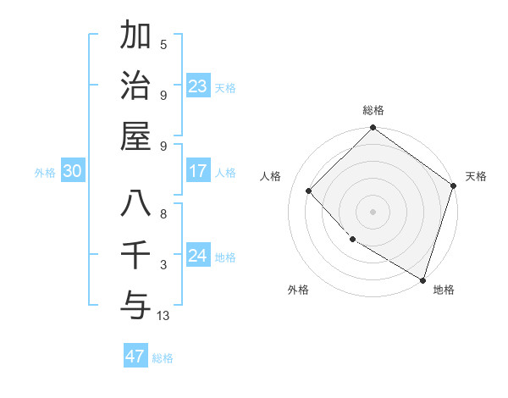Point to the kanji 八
[135, 204]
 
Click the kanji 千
[135, 254]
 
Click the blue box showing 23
[198, 86]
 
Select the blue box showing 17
[198, 171]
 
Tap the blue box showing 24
[198, 256]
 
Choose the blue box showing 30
[73, 171]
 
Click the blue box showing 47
[135, 356]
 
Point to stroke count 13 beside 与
[163, 316]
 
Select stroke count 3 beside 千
[163, 265]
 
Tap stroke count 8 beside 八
[163, 214]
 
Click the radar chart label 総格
[373, 110]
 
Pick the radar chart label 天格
[476, 176]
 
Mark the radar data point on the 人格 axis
[309, 191]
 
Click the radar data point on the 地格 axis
[422, 279]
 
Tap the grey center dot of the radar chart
[373, 211]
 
